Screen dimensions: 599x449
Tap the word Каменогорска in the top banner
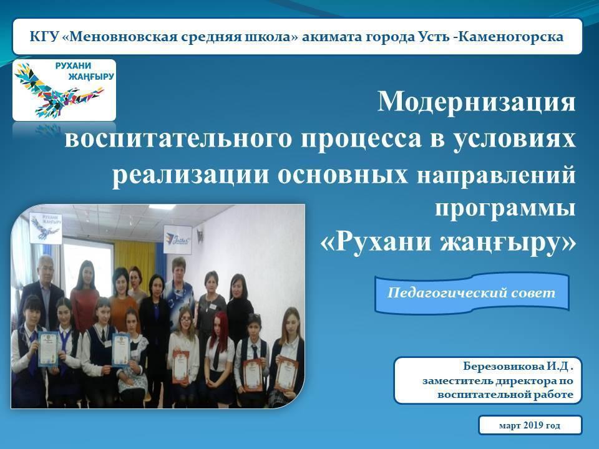click(x=510, y=37)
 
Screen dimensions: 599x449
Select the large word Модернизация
click(x=476, y=102)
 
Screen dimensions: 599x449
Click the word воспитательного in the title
click(x=178, y=138)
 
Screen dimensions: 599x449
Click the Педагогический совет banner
click(x=472, y=293)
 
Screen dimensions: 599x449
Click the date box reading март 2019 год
click(x=530, y=425)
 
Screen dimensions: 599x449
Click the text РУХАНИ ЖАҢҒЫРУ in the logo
click(x=85, y=71)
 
